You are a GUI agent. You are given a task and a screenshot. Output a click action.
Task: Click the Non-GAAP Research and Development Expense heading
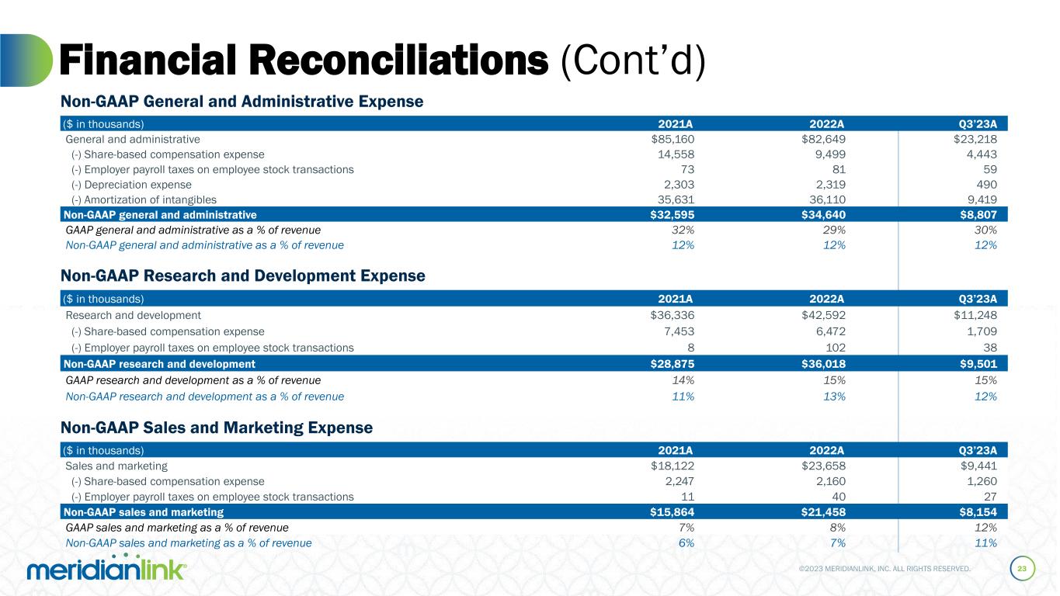click(x=243, y=275)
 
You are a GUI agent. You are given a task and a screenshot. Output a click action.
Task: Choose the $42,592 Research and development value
click(x=824, y=315)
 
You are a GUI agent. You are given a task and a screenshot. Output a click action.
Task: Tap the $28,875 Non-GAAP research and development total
click(x=672, y=364)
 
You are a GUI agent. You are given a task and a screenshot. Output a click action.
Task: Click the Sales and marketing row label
click(x=116, y=466)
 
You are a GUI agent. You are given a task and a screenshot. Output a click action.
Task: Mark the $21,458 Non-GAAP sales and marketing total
click(x=824, y=512)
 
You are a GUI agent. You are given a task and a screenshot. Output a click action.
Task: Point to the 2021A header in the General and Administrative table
click(x=676, y=123)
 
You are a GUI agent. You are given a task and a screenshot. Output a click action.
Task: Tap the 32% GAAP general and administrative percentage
click(x=684, y=230)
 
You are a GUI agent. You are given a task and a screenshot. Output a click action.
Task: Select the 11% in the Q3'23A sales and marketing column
click(x=986, y=543)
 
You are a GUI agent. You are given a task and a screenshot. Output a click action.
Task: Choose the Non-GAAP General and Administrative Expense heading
click(x=242, y=101)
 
